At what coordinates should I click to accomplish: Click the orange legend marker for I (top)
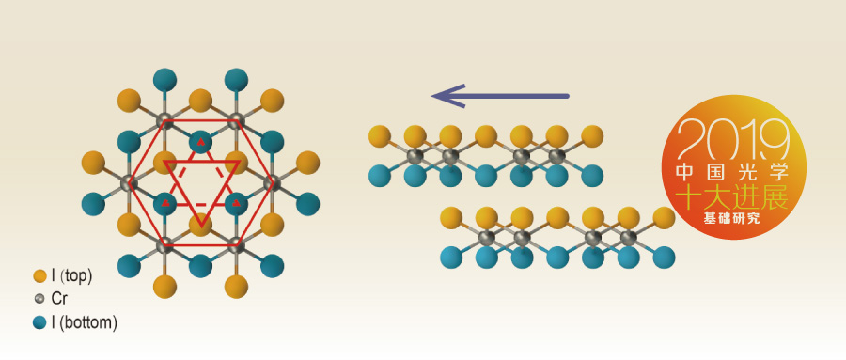[39, 276]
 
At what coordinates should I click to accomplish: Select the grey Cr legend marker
[39, 299]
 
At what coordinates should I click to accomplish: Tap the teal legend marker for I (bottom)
[39, 322]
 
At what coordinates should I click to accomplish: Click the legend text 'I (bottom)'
[85, 322]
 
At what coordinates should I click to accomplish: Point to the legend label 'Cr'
[59, 299]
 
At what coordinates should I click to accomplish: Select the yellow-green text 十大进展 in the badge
[734, 197]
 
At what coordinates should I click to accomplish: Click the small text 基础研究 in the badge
[734, 219]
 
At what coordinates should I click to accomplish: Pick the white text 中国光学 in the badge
[734, 172]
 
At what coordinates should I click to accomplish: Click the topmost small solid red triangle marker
[201, 143]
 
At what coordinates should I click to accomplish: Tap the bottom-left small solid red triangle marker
[165, 202]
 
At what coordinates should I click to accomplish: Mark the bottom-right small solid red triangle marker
[236, 203]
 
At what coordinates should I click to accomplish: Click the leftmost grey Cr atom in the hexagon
[129, 183]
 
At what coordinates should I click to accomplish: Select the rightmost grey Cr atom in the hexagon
[272, 183]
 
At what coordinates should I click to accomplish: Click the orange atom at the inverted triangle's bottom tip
[201, 225]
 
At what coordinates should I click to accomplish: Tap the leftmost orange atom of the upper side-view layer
[380, 136]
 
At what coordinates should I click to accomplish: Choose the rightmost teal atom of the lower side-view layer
[664, 258]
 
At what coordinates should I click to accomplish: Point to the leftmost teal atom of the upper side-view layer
[380, 176]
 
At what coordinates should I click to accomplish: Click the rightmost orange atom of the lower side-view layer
[664, 217]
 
